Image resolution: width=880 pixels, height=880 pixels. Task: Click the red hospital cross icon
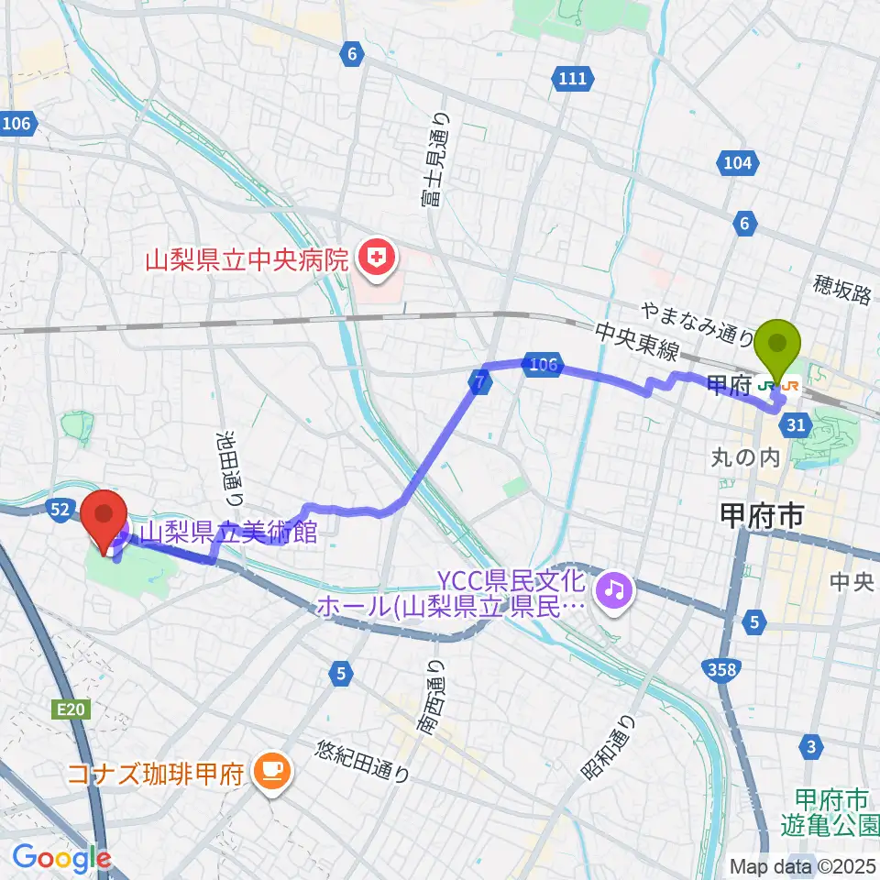pyautogui.click(x=374, y=259)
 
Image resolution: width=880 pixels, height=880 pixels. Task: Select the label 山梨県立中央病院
pyautogui.click(x=247, y=259)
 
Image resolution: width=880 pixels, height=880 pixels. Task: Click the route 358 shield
pyautogui.click(x=724, y=671)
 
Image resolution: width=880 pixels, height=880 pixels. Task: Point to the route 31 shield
pyautogui.click(x=796, y=423)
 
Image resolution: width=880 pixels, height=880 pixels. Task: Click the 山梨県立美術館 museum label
pyautogui.click(x=228, y=533)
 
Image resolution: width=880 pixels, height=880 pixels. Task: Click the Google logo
pyautogui.click(x=61, y=858)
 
